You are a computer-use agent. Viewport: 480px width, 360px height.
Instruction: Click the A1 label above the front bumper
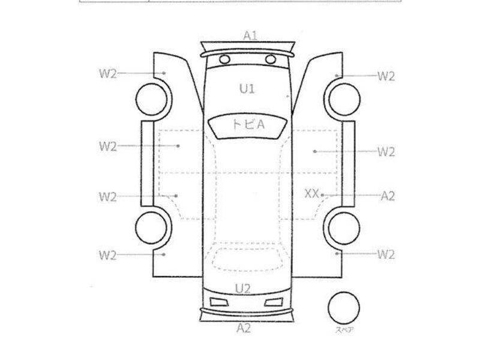coord(250,36)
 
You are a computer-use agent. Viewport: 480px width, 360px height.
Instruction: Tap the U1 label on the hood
coord(247,89)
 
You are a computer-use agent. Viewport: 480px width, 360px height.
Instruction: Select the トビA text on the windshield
coord(248,125)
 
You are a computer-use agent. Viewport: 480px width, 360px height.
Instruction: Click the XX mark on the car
coord(311,194)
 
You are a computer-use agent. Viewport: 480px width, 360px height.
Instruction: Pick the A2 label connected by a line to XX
coord(388,196)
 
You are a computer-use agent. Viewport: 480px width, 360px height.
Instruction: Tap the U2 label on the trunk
coord(243,289)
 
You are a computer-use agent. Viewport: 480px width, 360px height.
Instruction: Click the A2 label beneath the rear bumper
coord(244,328)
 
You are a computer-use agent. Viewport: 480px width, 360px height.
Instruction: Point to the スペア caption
coord(344,329)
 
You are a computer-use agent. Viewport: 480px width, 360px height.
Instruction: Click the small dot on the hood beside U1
coord(287,97)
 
